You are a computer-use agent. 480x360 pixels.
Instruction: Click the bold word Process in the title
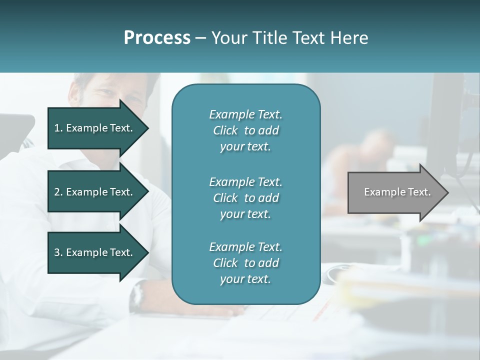point(157,37)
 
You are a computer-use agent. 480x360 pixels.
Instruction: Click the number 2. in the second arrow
point(58,192)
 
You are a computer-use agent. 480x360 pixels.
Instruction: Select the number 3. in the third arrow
point(58,252)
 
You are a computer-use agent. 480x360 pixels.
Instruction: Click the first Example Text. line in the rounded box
point(245,114)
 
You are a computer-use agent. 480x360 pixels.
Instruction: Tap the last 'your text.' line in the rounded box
point(245,279)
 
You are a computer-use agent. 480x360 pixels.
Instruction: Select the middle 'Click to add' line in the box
point(245,198)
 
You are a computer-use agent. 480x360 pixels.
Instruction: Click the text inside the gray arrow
point(397,192)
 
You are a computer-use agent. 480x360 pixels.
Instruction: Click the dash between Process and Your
point(200,38)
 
